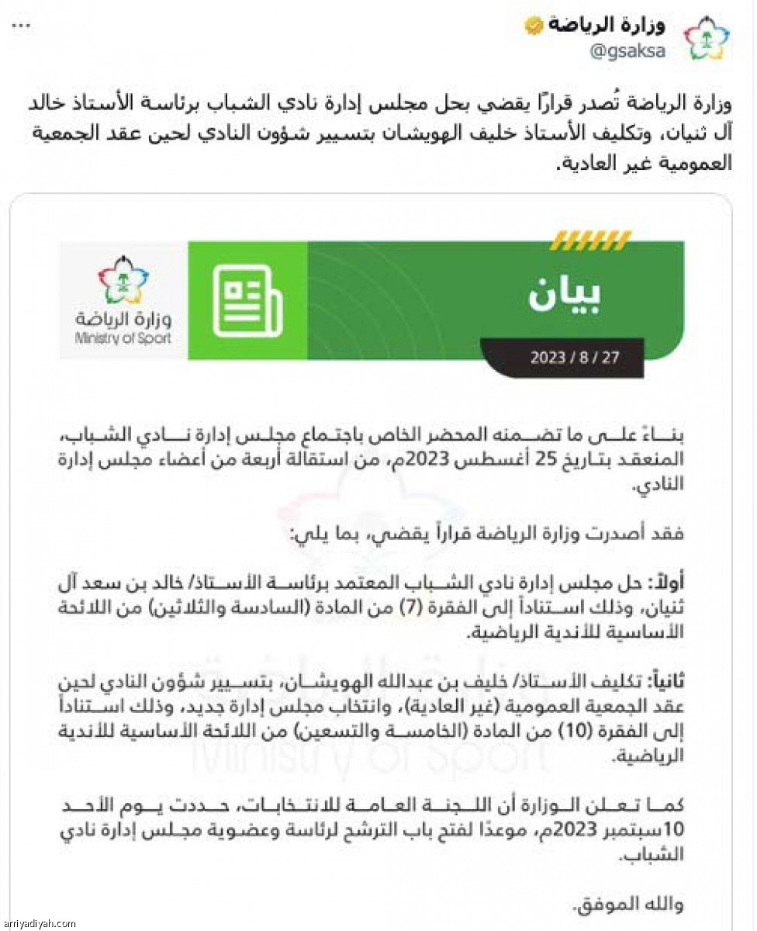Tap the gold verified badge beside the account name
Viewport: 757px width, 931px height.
click(x=534, y=25)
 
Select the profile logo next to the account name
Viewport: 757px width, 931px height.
click(x=705, y=38)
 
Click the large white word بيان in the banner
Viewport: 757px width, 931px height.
click(x=565, y=293)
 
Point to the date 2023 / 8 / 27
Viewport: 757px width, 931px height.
click(x=575, y=358)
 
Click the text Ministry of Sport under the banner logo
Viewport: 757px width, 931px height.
click(x=123, y=338)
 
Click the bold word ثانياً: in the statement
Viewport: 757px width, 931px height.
click(x=662, y=683)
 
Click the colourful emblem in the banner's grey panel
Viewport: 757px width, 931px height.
click(x=124, y=281)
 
